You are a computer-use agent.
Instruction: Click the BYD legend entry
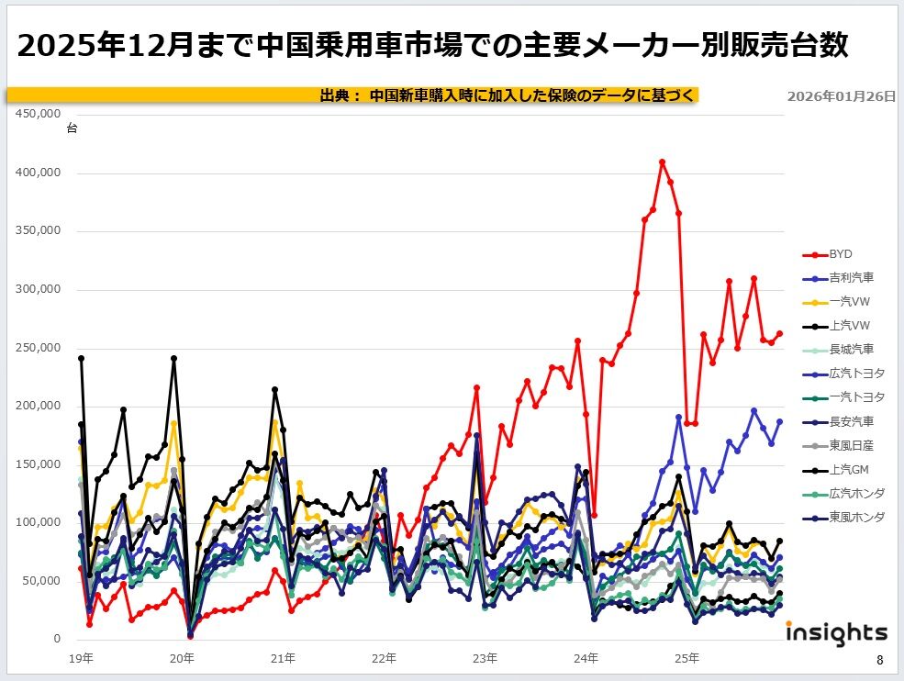842,254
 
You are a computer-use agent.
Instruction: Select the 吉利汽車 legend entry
851,277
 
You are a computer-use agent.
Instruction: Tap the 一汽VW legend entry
849,301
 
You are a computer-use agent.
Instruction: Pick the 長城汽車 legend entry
851,349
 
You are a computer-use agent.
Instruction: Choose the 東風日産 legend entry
851,445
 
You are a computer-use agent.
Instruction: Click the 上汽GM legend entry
849,469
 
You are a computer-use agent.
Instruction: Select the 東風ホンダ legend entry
856,517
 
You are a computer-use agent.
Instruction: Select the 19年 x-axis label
82,658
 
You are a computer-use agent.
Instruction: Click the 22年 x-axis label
385,658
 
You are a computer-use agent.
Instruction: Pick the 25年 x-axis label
687,658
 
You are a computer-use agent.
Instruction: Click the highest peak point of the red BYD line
662,162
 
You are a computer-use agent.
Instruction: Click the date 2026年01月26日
841,95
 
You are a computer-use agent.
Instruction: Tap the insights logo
836,633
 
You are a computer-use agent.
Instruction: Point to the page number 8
879,660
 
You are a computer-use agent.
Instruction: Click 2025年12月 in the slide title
98,45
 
